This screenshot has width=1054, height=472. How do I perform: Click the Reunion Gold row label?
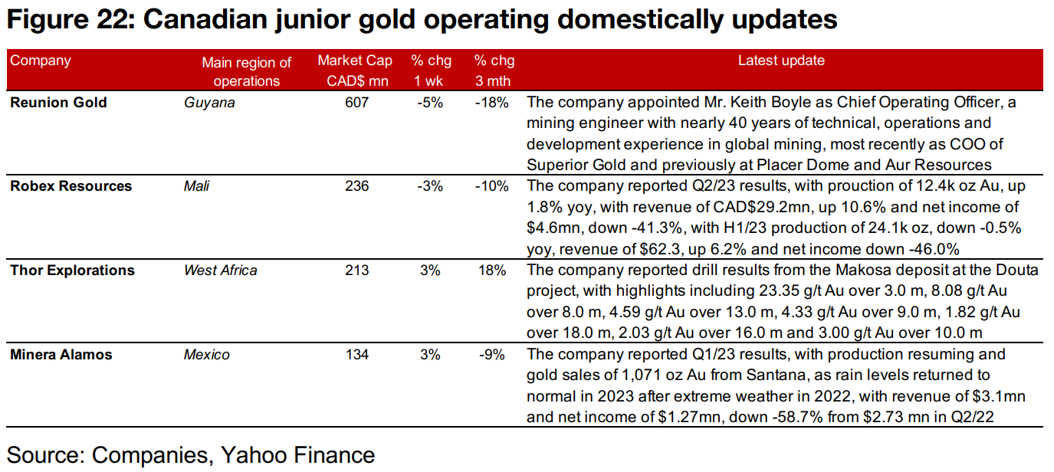(58, 103)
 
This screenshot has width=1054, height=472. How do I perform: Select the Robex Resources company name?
(71, 186)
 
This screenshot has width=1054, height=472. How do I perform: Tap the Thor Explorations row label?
(72, 270)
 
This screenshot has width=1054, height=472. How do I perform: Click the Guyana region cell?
(209, 103)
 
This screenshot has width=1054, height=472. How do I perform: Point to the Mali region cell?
(196, 186)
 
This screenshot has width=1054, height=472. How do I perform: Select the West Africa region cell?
(221, 270)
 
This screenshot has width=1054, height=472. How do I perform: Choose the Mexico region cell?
(206, 354)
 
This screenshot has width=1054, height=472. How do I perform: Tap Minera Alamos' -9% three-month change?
(495, 354)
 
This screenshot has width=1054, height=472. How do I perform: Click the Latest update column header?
(781, 61)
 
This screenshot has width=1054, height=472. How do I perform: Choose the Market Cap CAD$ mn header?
(355, 70)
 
